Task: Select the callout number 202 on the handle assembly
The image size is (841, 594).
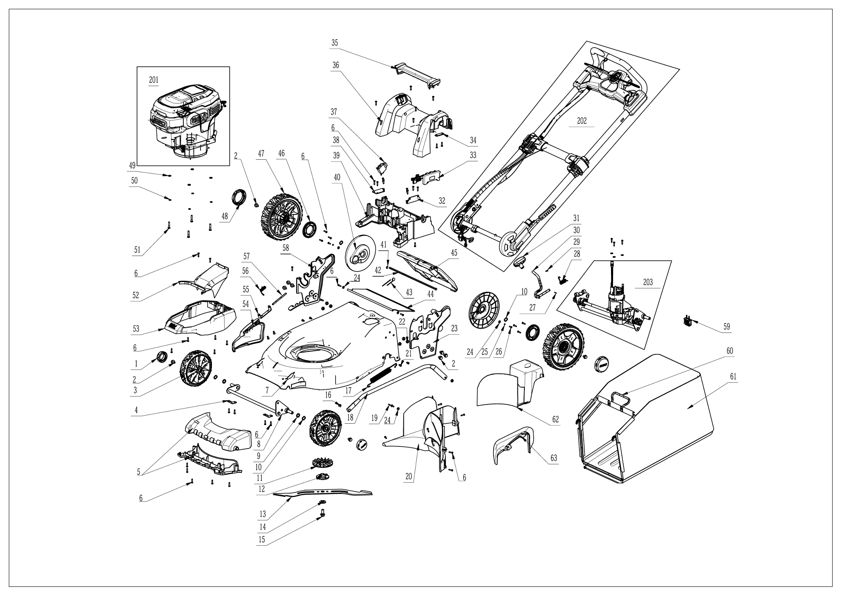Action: click(582, 121)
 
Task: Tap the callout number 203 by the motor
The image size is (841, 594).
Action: click(648, 282)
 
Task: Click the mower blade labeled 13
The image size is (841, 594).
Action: click(324, 493)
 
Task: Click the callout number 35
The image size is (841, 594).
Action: click(335, 42)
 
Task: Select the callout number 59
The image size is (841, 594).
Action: click(727, 326)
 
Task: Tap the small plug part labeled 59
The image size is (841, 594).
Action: click(688, 322)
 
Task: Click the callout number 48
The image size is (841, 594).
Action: click(225, 217)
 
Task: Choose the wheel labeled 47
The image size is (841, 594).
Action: click(282, 217)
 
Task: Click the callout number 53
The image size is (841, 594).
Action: click(135, 328)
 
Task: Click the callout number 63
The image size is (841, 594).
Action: click(554, 458)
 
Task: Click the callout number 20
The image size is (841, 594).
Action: click(408, 477)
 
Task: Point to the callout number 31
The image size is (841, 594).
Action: click(577, 218)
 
